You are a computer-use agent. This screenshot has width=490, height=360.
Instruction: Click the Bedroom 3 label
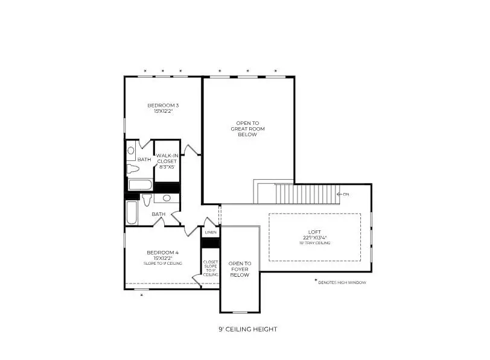point(163,106)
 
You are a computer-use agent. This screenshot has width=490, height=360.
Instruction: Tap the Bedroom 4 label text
point(162,252)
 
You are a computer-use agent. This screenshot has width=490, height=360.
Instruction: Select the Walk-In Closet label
point(167,158)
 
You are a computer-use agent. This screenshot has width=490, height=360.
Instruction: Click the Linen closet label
point(210,232)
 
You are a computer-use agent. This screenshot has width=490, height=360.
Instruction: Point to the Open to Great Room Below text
point(247,128)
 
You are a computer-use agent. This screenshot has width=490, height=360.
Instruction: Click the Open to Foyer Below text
point(240,269)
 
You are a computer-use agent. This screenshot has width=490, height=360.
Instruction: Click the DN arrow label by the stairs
point(343,194)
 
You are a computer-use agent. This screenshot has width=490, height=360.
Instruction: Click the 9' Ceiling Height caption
point(247,329)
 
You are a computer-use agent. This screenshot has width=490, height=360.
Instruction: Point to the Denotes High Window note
point(342,282)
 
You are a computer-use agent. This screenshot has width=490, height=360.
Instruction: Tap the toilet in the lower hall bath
point(147,199)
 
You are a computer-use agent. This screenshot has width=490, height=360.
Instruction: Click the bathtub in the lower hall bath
point(132,213)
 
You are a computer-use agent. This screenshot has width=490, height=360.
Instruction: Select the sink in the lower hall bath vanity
point(167,198)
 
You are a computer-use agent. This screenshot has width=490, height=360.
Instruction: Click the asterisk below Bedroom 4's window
point(141,295)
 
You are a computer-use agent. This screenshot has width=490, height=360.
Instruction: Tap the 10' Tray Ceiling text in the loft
point(314,242)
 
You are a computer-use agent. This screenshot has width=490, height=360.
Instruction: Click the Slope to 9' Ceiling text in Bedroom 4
point(162,264)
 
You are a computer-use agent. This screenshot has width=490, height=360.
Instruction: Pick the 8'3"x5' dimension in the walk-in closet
point(167,166)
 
